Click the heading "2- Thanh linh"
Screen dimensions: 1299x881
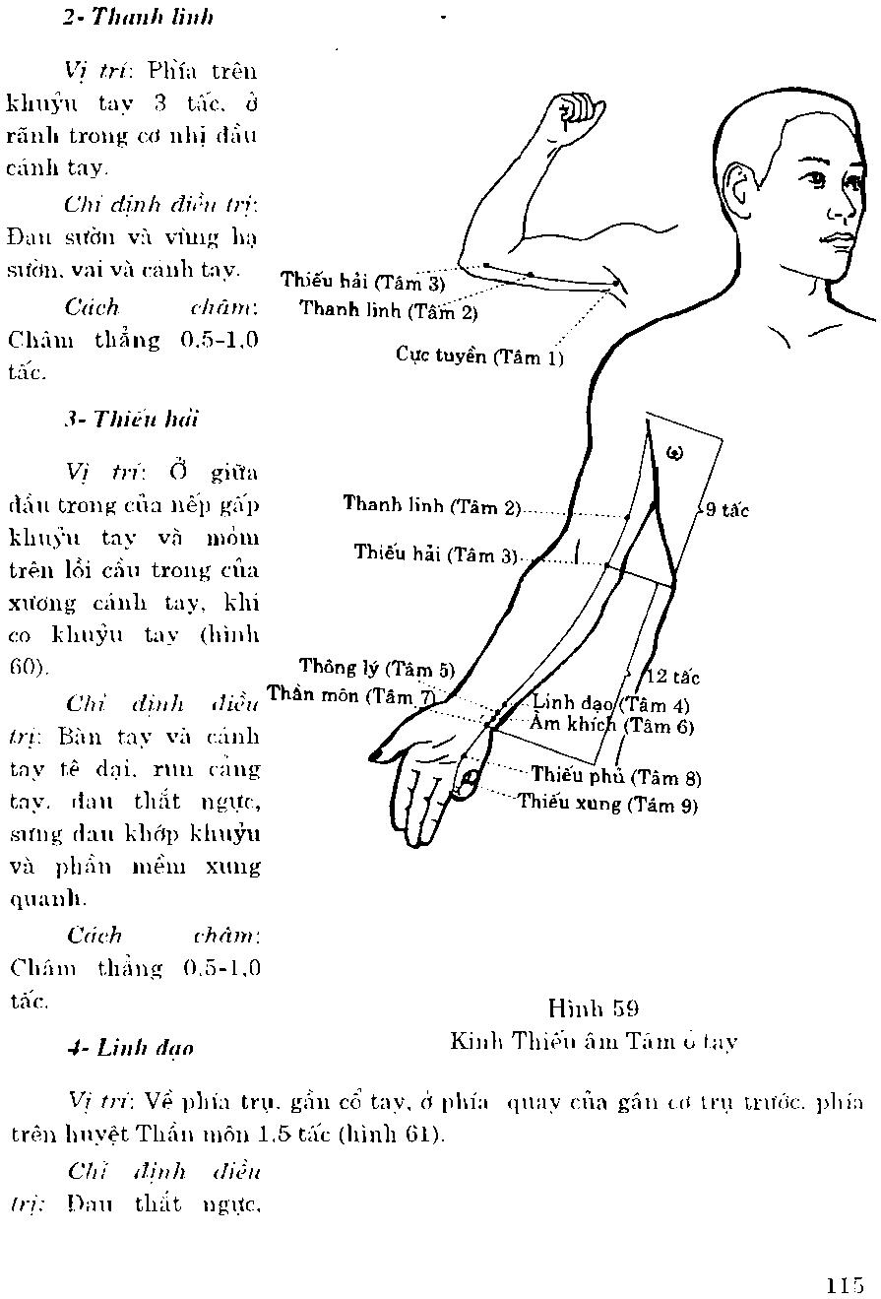click(x=137, y=18)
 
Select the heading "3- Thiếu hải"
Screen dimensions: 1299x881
click(x=130, y=419)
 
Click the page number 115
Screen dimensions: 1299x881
click(x=846, y=1284)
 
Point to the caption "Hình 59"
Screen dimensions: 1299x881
click(x=594, y=1007)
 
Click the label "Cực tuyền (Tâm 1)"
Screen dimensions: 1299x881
click(x=479, y=356)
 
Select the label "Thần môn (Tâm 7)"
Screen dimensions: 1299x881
click(x=350, y=695)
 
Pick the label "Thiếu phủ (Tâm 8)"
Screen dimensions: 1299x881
click(x=616, y=777)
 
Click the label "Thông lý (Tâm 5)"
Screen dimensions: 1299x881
click(x=377, y=668)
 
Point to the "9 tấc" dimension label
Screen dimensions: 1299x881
click(x=726, y=510)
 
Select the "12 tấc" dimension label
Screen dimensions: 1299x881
click(x=673, y=677)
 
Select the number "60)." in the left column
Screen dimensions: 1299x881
click(x=28, y=666)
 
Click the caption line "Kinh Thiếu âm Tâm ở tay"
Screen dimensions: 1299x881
click(x=594, y=1041)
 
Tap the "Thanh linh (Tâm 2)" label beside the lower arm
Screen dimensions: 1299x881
click(x=431, y=506)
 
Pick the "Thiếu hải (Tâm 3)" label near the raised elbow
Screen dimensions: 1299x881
click(x=362, y=282)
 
